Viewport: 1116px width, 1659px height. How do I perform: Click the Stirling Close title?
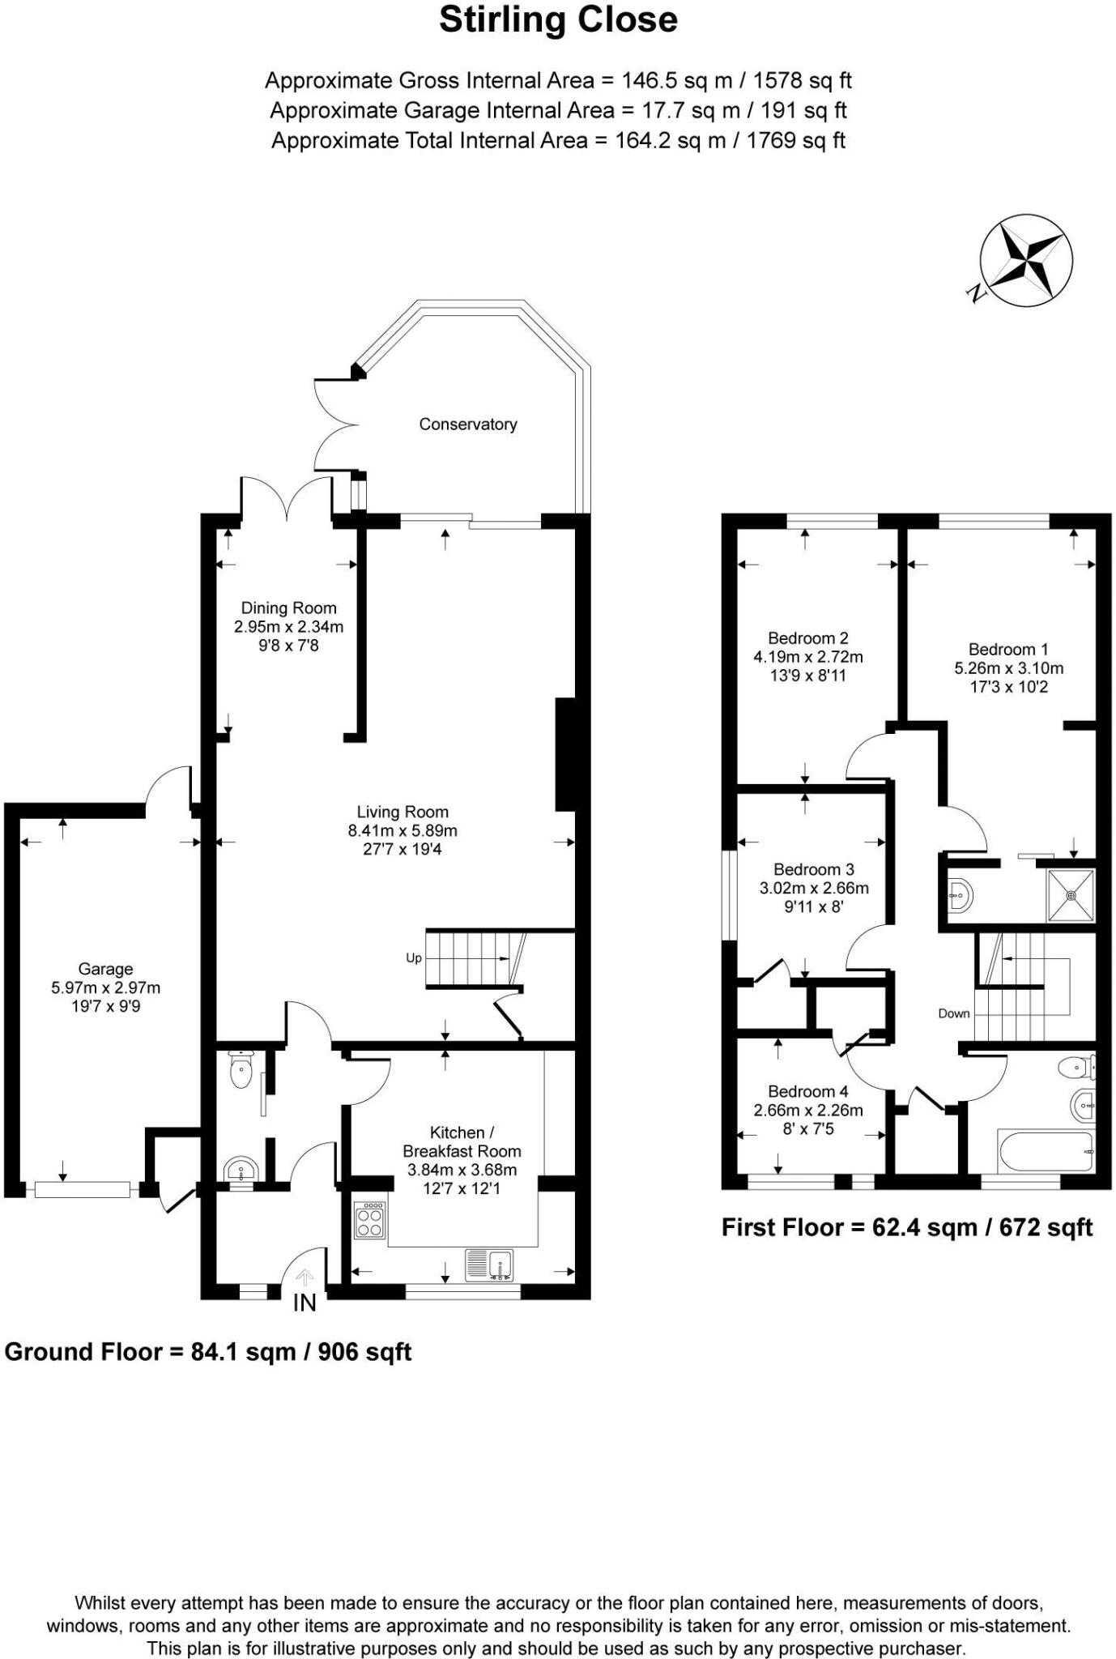558,20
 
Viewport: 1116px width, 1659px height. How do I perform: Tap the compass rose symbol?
1026,261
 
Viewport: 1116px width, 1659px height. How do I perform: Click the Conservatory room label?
467,424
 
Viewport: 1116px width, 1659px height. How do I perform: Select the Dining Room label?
288,608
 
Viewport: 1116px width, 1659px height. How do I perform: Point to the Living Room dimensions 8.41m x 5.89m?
403,830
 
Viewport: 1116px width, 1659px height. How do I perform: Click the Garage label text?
105,969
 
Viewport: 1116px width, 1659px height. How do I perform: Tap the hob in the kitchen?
370,1218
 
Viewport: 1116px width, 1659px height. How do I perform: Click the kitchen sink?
490,1265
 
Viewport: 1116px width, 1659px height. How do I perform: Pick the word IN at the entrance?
305,1303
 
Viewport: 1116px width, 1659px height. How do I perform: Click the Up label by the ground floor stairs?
414,958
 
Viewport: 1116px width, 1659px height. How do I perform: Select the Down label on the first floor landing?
954,1013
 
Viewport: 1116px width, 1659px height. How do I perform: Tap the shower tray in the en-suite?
1071,895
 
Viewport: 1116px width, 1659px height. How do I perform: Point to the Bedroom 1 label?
1008,649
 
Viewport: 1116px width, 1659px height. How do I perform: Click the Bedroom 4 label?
808,1091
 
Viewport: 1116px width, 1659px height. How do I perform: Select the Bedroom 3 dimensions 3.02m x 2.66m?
814,888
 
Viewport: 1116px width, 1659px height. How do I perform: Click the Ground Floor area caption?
208,1352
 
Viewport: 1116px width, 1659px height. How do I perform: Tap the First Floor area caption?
907,1227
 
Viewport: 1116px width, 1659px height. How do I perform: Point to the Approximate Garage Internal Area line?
558,110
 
